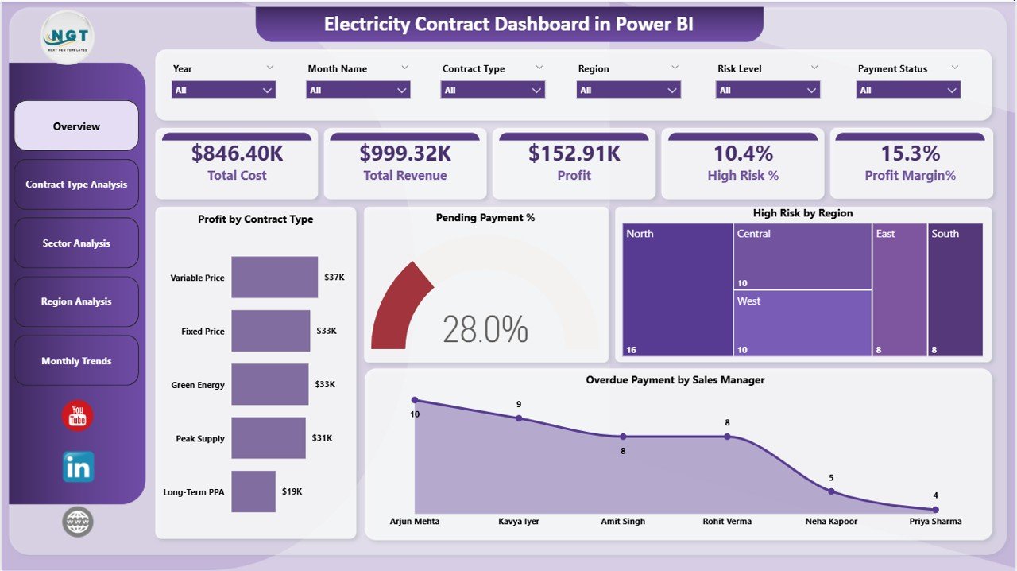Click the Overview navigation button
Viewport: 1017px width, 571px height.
(76, 126)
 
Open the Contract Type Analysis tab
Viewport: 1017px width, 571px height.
(76, 185)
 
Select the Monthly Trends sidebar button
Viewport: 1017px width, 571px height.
(76, 361)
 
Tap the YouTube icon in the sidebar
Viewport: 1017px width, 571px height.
(77, 416)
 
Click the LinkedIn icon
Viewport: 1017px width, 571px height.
(78, 467)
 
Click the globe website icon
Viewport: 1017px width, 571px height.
(78, 522)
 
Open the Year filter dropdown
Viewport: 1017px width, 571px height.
(223, 90)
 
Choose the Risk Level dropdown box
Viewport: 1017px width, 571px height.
(768, 90)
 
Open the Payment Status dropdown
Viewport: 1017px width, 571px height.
(908, 90)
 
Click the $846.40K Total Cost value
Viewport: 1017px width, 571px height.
(237, 153)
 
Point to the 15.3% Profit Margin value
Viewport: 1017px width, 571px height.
(910, 153)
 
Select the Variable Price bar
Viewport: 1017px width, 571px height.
(274, 277)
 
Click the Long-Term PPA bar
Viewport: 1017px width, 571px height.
(253, 491)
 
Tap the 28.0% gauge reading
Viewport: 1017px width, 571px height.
(485, 329)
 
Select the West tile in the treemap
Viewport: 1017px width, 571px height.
(802, 323)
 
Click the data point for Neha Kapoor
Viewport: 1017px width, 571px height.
(831, 491)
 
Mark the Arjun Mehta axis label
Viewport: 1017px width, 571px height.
(415, 522)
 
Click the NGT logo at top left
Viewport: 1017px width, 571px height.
(68, 37)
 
